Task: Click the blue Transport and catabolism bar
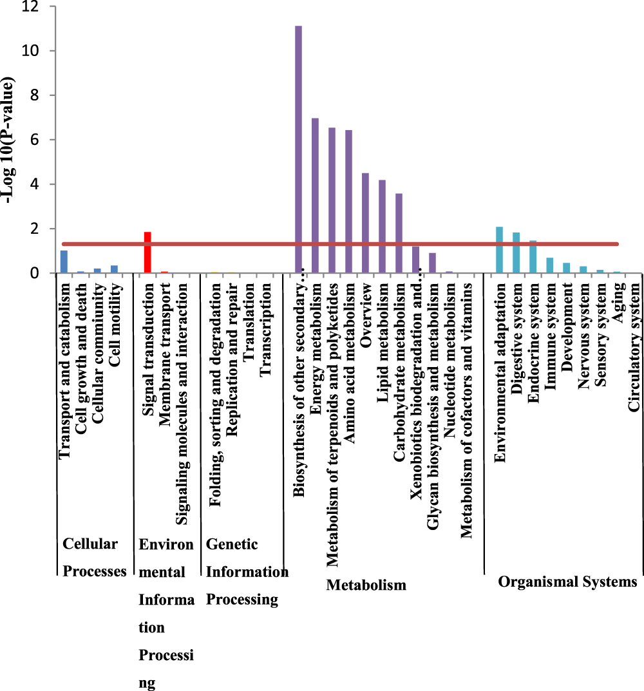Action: pyautogui.click(x=64, y=261)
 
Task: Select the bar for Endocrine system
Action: pyautogui.click(x=533, y=257)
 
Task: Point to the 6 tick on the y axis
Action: pyautogui.click(x=40, y=140)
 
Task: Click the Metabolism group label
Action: pyautogui.click(x=366, y=585)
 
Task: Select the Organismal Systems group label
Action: pyautogui.click(x=567, y=582)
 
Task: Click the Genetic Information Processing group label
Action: pyautogui.click(x=246, y=572)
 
